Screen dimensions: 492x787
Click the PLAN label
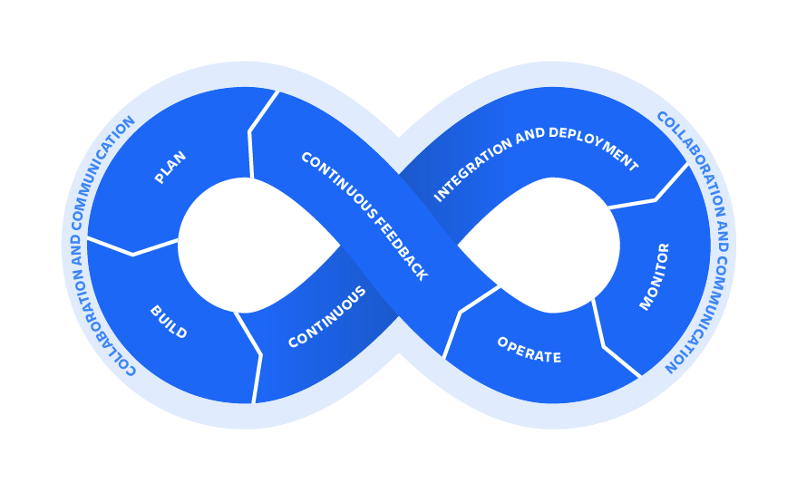[170, 168]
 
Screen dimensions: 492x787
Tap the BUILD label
[169, 323]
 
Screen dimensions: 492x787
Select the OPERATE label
[529, 350]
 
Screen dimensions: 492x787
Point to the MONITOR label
[654, 276]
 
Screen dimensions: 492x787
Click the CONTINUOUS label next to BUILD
[326, 317]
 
